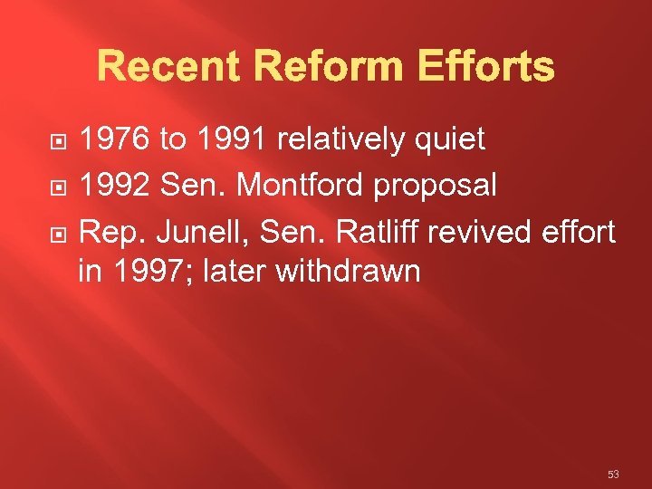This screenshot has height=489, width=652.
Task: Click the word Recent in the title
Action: point(168,67)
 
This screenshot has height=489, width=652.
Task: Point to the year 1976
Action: point(115,139)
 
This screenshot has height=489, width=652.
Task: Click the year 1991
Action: point(231,139)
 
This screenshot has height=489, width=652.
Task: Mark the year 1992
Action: point(115,186)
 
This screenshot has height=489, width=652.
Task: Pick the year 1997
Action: point(152,271)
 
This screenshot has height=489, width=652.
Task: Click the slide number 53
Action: point(613,475)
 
